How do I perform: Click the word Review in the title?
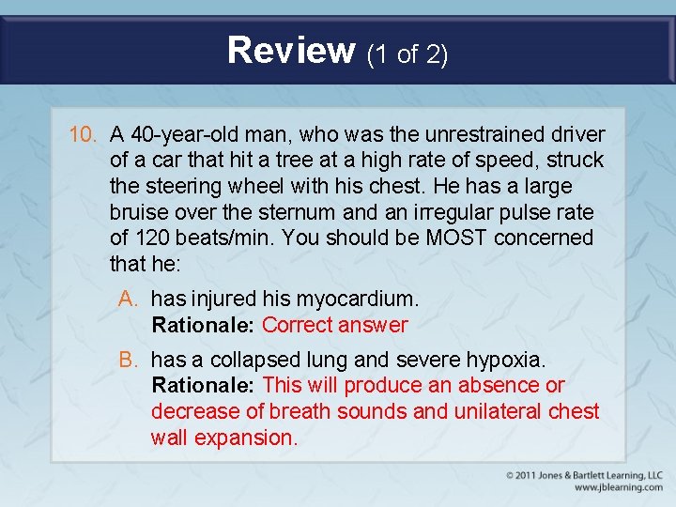(291, 50)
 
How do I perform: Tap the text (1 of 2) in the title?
(407, 54)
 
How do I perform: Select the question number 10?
(84, 135)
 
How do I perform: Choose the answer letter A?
(128, 300)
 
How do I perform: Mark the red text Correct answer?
(335, 326)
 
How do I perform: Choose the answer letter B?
(128, 360)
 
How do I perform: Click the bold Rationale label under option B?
(203, 386)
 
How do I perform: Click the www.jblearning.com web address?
(618, 487)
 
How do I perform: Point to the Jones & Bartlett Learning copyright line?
(584, 474)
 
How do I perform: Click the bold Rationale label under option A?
(203, 326)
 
